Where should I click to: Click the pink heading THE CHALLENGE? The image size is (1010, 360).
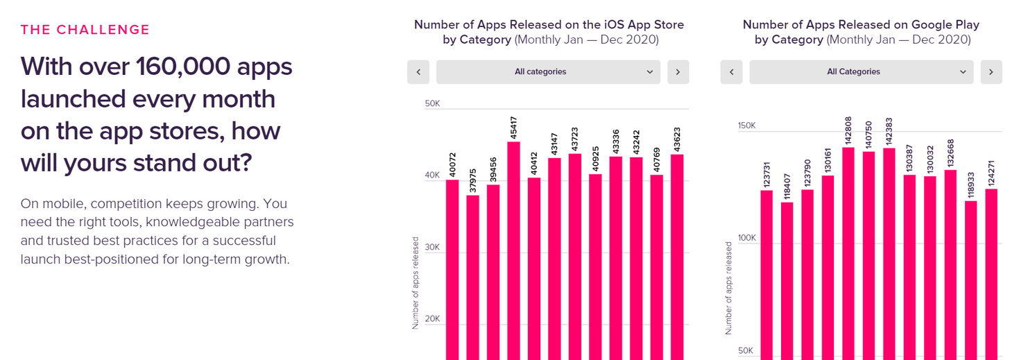tap(85, 30)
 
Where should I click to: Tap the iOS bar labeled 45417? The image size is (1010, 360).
tap(514, 250)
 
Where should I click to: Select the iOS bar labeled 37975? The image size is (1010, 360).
tap(472, 277)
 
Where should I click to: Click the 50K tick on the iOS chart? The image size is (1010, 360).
tap(432, 104)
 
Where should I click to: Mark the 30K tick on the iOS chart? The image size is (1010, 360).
tap(432, 248)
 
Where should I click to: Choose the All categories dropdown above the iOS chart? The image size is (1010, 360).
tap(548, 72)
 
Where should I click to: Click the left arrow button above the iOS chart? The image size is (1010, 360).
tap(418, 72)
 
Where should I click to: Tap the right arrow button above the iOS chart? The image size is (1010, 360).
tap(678, 72)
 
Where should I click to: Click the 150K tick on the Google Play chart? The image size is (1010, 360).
tap(746, 126)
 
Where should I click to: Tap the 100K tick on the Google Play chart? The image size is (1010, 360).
tap(746, 238)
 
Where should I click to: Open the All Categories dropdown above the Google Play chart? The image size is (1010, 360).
tap(862, 72)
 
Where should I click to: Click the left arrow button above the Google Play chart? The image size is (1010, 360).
tap(732, 72)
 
